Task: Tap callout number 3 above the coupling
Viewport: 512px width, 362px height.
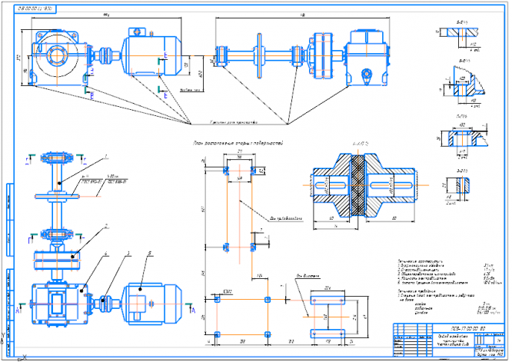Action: coord(128,253)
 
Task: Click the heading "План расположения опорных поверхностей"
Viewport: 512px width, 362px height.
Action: coord(239,143)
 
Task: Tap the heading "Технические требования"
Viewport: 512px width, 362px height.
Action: coord(418,291)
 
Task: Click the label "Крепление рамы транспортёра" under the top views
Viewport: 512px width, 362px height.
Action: coord(234,122)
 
